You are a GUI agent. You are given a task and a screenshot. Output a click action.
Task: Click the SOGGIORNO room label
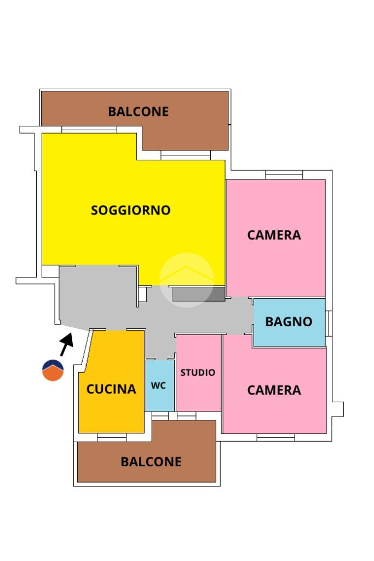click(x=131, y=210)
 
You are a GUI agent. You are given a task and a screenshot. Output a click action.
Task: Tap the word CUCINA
click(x=111, y=389)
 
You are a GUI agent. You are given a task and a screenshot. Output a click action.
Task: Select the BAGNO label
click(x=289, y=322)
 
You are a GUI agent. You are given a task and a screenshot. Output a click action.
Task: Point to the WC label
click(x=159, y=385)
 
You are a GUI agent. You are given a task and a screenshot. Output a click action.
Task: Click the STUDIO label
click(x=198, y=373)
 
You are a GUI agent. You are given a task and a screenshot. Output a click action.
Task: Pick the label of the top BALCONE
click(x=139, y=112)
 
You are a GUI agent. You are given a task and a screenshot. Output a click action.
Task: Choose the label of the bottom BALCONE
click(x=151, y=462)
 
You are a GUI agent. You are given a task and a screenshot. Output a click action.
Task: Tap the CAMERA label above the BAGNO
click(x=274, y=235)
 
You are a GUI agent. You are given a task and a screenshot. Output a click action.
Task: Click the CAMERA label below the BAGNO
click(x=274, y=390)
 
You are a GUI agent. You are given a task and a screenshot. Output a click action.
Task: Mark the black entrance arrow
click(x=67, y=344)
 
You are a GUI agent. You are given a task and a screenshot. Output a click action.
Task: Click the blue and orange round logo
click(x=53, y=370)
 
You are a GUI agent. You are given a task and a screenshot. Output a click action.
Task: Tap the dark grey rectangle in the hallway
click(x=199, y=294)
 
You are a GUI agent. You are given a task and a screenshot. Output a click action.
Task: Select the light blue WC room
click(x=160, y=385)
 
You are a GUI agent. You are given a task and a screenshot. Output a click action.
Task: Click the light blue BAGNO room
click(x=290, y=322)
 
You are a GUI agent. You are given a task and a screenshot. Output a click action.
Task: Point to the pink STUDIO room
click(x=199, y=373)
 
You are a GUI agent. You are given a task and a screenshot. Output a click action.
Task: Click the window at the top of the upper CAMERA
click(x=284, y=175)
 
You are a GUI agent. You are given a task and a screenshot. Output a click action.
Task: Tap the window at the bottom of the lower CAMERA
click(x=275, y=437)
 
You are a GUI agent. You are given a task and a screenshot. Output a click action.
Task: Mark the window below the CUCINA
click(x=112, y=437)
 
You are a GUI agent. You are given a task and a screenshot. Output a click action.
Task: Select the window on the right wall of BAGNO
click(x=329, y=323)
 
